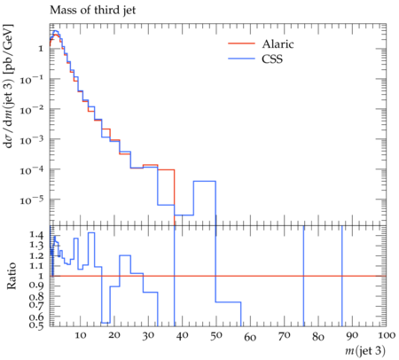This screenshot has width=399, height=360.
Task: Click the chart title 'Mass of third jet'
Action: point(92,11)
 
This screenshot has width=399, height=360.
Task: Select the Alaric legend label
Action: point(278,44)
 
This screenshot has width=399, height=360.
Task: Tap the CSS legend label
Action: point(272,59)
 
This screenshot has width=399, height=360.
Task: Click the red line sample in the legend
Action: point(241,43)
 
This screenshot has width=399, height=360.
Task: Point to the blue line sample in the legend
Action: point(241,59)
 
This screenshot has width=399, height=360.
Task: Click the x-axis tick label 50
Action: point(216,335)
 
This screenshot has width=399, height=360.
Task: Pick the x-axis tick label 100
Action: point(386,335)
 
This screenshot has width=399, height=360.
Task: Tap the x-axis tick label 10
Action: point(80,335)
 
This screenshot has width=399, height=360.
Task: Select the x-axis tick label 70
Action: point(284,335)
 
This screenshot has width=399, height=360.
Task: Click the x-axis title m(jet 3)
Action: point(365,351)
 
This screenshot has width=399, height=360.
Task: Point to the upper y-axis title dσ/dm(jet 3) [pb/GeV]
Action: point(8,86)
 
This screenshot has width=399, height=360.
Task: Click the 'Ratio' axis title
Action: point(12,276)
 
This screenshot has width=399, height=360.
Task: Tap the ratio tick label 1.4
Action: point(36,235)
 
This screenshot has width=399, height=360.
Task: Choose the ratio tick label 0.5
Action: point(36,325)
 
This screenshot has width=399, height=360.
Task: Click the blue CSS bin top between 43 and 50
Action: point(205,181)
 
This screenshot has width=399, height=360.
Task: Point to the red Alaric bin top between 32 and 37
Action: point(166,170)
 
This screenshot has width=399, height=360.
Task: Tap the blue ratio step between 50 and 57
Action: point(229,302)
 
